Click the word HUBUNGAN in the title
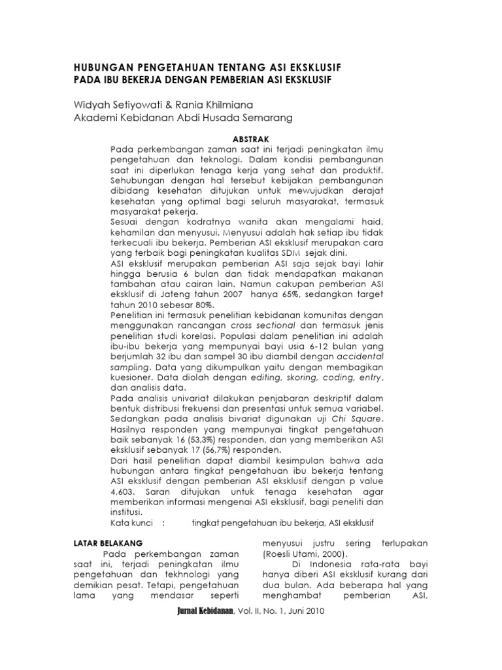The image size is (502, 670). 100,68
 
